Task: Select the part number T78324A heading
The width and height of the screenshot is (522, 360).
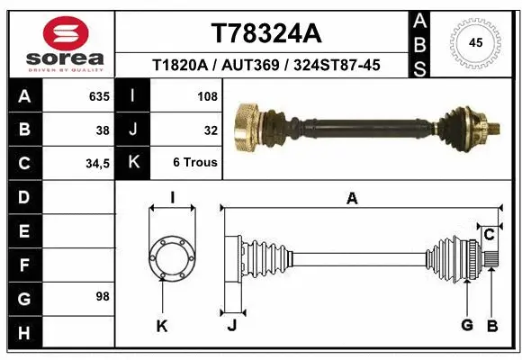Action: pyautogui.click(x=265, y=33)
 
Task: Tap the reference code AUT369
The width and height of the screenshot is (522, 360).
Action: pyautogui.click(x=260, y=65)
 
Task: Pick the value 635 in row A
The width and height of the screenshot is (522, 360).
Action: pyautogui.click(x=98, y=95)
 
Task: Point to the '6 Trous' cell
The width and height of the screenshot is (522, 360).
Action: pyautogui.click(x=195, y=163)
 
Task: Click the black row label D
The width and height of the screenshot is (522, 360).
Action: pyautogui.click(x=23, y=197)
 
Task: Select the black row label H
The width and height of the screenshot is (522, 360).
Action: pyautogui.click(x=23, y=334)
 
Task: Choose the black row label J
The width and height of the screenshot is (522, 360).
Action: pyautogui.click(x=133, y=130)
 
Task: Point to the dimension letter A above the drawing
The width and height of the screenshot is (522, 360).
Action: pyautogui.click(x=352, y=199)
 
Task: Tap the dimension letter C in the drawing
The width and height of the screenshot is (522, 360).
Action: pyautogui.click(x=489, y=235)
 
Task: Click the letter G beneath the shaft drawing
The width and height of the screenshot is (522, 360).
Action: pyautogui.click(x=466, y=325)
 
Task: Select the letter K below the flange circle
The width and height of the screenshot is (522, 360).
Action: pyautogui.click(x=162, y=326)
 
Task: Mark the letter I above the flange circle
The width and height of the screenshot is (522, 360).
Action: pyautogui.click(x=171, y=198)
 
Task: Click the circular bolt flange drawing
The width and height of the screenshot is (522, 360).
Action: pyautogui.click(x=171, y=257)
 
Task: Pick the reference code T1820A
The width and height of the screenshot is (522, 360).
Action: pyautogui.click(x=182, y=65)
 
